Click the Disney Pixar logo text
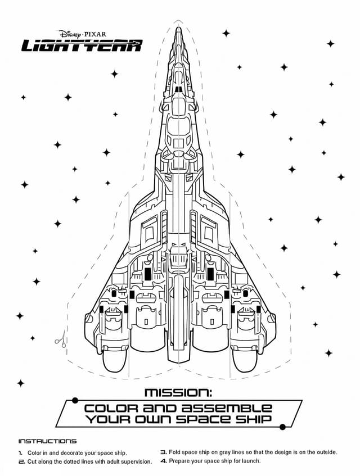[82, 34]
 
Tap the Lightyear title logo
[82, 46]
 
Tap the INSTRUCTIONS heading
[47, 441]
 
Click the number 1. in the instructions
[21, 452]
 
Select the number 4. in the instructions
[164, 461]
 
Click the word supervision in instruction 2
[133, 462]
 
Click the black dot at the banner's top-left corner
[74, 400]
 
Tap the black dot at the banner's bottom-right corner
[283, 427]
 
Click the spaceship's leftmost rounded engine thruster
[115, 360]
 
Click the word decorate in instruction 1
[70, 452]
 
